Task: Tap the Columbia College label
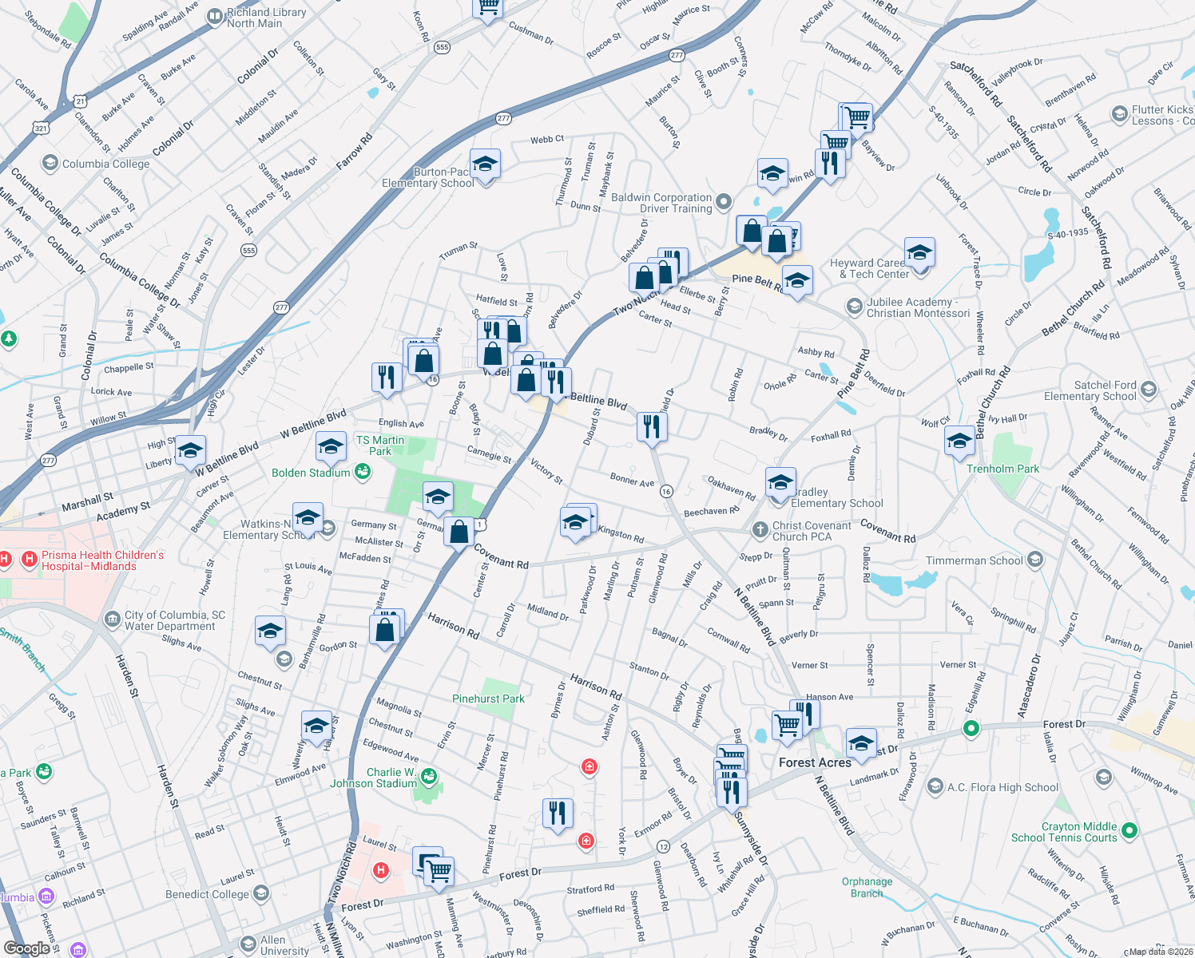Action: tap(105, 164)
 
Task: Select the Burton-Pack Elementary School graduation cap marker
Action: tap(485, 165)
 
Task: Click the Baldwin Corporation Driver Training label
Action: tap(661, 203)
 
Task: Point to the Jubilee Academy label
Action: tap(918, 307)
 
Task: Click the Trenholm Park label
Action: tap(1002, 469)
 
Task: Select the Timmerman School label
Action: tap(974, 560)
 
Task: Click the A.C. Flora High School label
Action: tap(1002, 787)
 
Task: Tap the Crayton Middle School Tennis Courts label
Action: tap(1064, 832)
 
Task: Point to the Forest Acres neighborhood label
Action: tap(815, 762)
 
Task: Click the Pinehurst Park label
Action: tap(488, 699)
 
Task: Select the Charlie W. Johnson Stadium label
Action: tap(374, 778)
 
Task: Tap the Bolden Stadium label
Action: tap(311, 473)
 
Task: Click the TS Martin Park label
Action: tap(380, 445)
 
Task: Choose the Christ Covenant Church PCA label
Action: tap(811, 531)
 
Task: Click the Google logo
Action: tap(26, 948)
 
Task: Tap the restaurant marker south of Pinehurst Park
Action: tap(557, 813)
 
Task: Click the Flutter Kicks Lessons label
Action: tap(1162, 115)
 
